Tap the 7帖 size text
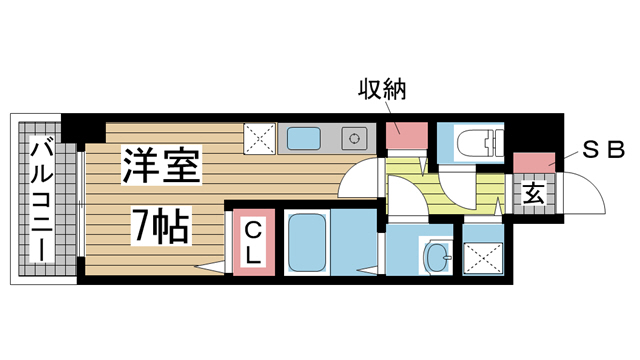[161, 227]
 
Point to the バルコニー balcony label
[42, 200]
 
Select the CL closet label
[251, 243]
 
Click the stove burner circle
[352, 138]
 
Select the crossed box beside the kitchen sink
[260, 138]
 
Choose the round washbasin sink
[437, 258]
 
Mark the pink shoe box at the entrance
[534, 162]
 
